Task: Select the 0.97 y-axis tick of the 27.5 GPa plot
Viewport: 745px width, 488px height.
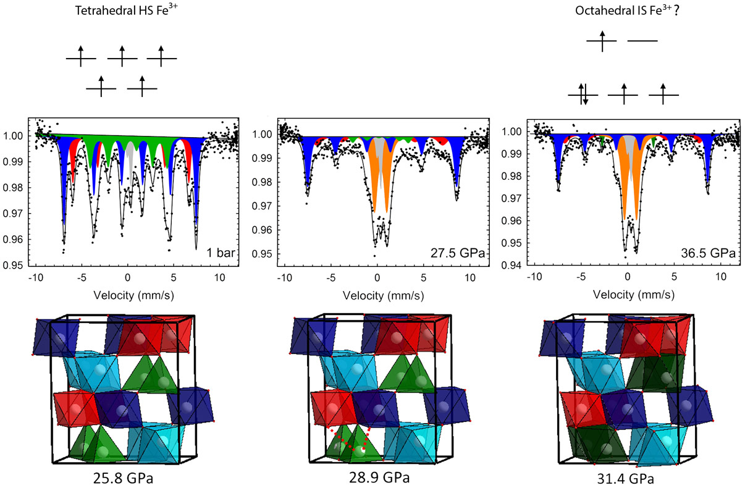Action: pos(263,206)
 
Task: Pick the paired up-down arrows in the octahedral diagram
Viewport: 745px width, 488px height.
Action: pos(583,94)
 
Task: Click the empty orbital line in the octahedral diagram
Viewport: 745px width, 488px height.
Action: pos(642,41)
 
